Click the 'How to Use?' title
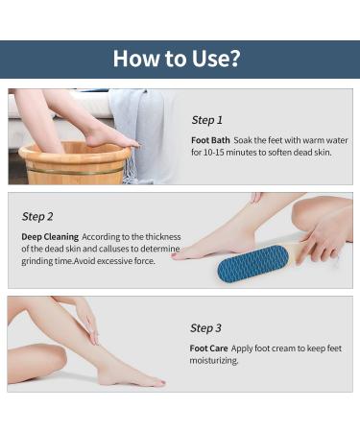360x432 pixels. (x=177, y=59)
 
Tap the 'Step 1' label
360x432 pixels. (x=206, y=120)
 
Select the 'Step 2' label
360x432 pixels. (x=37, y=216)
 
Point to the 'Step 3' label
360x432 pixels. (x=205, y=328)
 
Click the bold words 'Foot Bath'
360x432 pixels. (x=210, y=140)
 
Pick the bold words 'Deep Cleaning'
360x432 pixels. (x=50, y=237)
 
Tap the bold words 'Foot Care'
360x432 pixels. (x=208, y=348)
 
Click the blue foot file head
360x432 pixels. (x=252, y=263)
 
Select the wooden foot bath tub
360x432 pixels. (x=75, y=163)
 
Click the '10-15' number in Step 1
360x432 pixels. (x=213, y=153)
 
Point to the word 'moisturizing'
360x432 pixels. (x=213, y=361)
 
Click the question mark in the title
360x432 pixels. (x=234, y=59)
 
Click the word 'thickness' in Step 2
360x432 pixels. (x=163, y=237)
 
